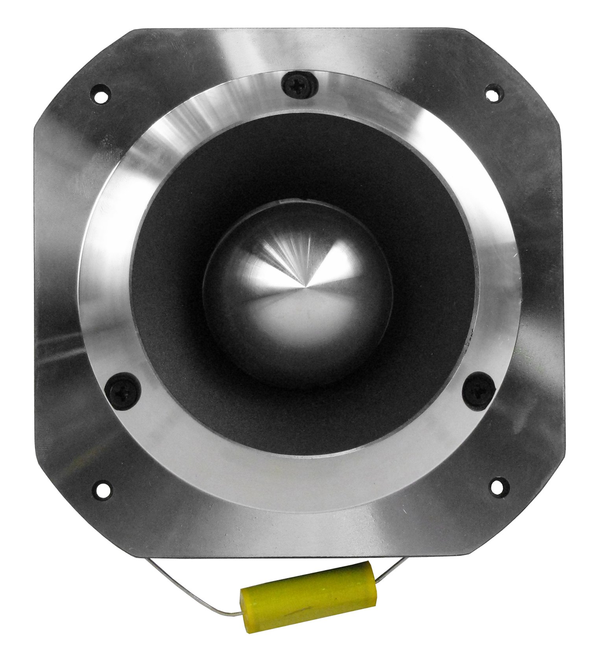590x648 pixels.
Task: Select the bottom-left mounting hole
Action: point(102,489)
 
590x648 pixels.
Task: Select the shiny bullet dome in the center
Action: point(299,299)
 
